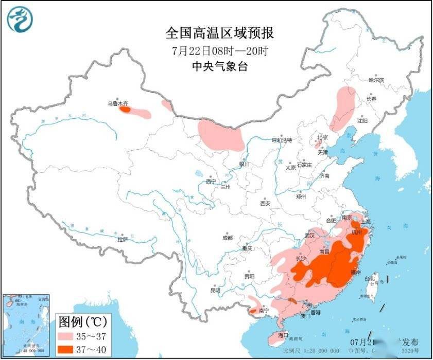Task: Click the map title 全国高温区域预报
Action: coord(219,33)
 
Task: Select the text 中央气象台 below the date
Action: coord(219,66)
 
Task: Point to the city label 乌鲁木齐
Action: coord(116,103)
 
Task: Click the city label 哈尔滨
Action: coord(376,80)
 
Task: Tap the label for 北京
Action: coord(322,137)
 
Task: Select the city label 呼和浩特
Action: coord(282,140)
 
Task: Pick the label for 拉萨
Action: coord(122,239)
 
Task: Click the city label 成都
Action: coord(227,238)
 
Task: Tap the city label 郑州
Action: coord(301,196)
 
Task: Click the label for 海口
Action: coord(282,335)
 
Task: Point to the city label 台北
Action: coord(370,279)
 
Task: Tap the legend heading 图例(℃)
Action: coord(82,322)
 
